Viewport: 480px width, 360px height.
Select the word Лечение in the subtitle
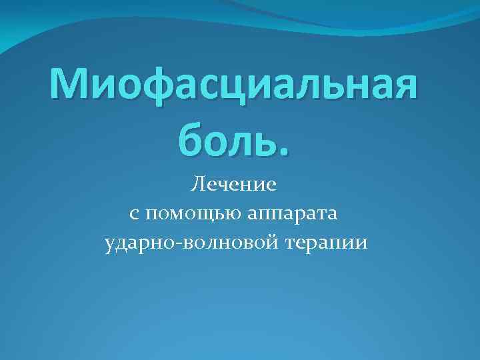point(233,183)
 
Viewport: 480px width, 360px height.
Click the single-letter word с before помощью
point(134,215)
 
